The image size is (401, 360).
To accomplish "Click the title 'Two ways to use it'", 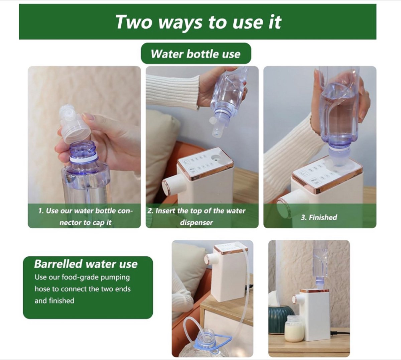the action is (x=198, y=22).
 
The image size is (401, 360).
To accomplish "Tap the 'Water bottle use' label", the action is (x=196, y=54).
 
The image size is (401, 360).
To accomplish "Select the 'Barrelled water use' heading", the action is (x=86, y=264).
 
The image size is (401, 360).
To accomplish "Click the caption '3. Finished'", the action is (x=319, y=217).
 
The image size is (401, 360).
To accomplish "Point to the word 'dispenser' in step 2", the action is (x=196, y=223).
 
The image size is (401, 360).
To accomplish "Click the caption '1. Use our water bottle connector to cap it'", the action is (x=86, y=217).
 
